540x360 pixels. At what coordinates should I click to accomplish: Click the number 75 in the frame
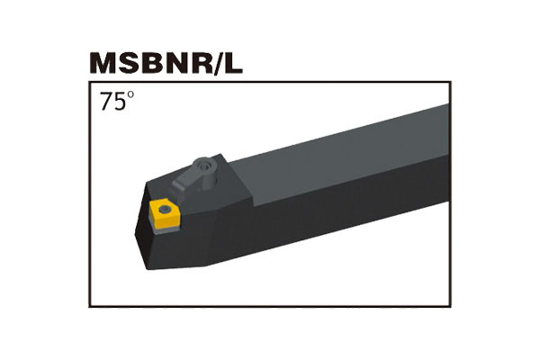tap(112, 103)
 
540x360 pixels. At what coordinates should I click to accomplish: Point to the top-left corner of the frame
tap(90, 84)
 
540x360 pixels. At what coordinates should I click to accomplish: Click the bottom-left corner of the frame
tap(90, 307)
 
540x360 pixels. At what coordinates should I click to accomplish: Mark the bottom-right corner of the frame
tap(449, 307)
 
